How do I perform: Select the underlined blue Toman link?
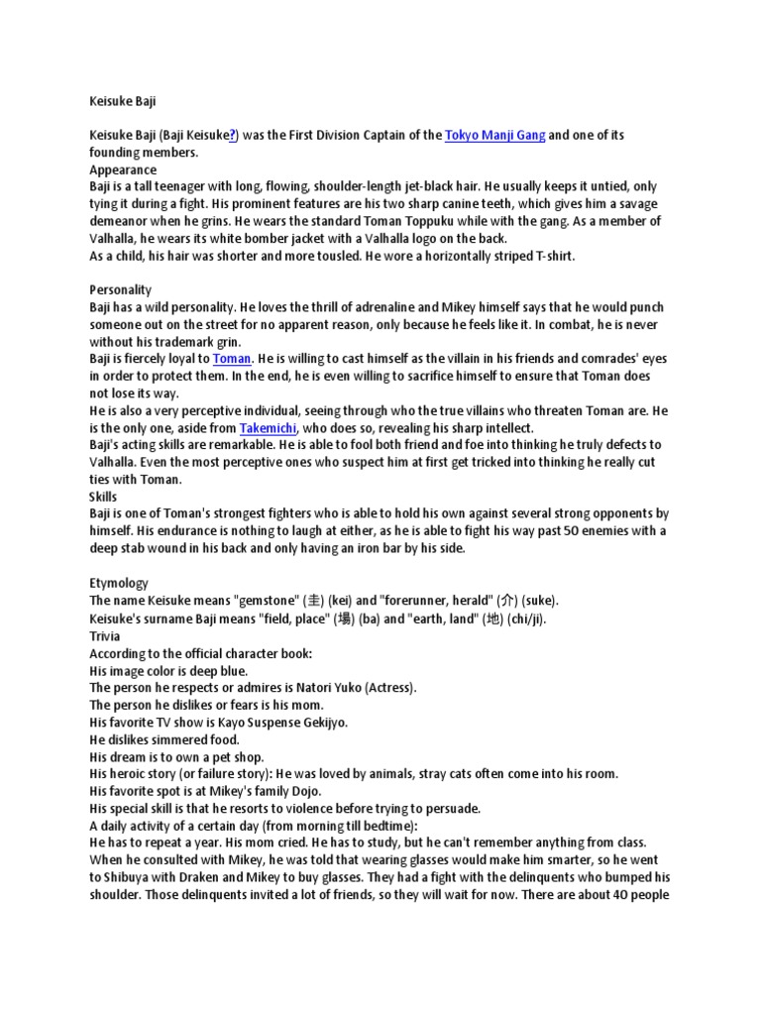(233, 358)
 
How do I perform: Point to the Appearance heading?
(123, 169)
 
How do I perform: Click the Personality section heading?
(121, 289)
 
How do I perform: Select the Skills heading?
(103, 496)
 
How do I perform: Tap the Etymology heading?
(119, 584)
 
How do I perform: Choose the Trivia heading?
(105, 635)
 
